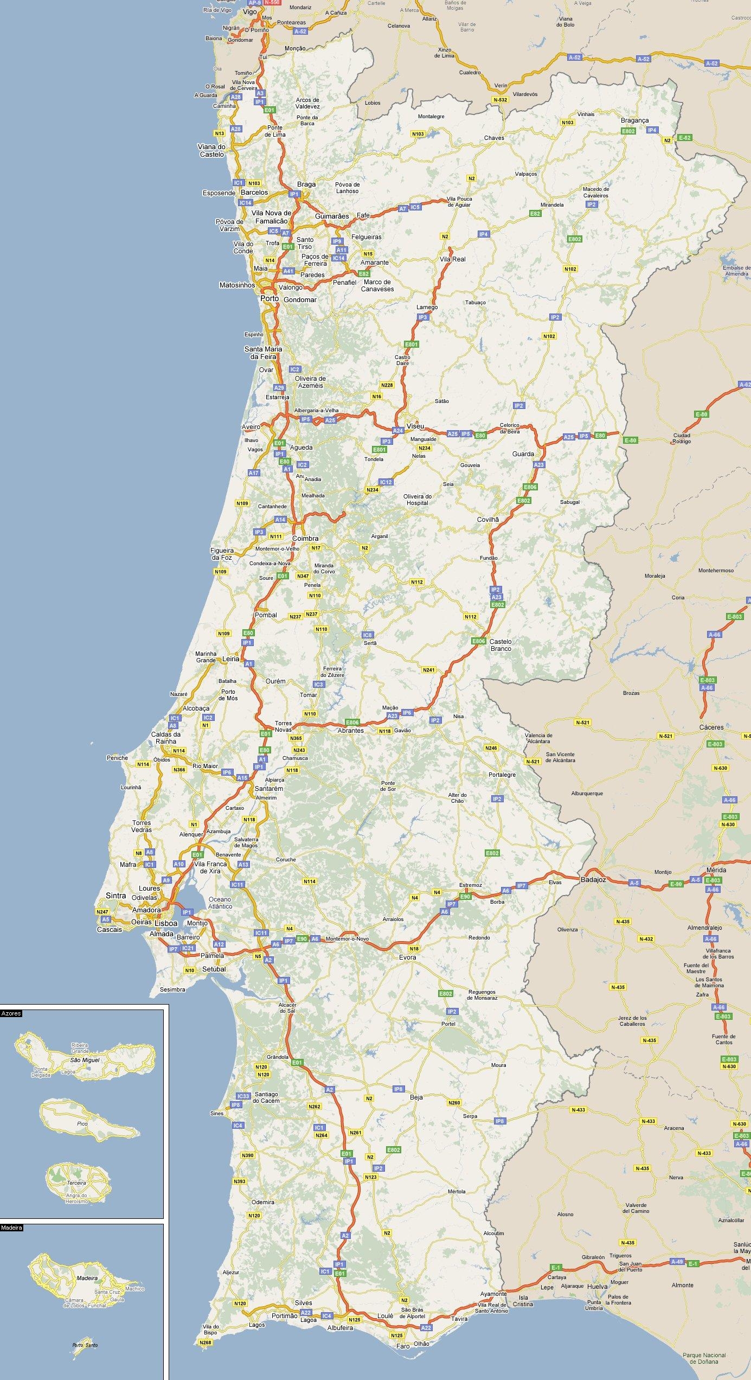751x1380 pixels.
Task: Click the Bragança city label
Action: [x=634, y=120]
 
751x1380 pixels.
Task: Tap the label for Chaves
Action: [x=494, y=138]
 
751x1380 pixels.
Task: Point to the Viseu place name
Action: [x=415, y=426]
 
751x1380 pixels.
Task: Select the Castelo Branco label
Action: [x=500, y=645]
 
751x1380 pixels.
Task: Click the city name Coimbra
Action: [x=305, y=538]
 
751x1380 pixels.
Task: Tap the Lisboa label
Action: [x=166, y=923]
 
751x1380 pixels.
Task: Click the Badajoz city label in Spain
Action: [x=593, y=880]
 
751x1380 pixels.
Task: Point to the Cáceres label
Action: [x=711, y=727]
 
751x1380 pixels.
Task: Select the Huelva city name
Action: [x=597, y=1286]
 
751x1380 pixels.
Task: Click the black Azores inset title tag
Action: [x=11, y=1013]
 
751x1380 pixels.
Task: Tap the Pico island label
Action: [x=82, y=1123]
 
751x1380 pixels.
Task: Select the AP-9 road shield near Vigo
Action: [x=254, y=3]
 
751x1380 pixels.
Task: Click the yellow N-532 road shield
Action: [x=500, y=100]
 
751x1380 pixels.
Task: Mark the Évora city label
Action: [x=407, y=957]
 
